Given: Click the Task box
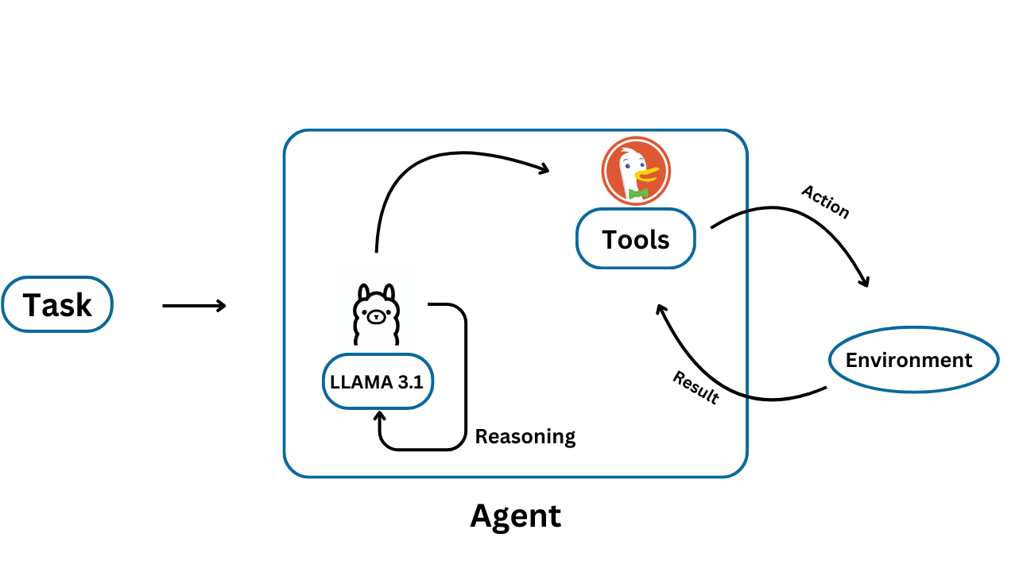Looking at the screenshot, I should tap(57, 304).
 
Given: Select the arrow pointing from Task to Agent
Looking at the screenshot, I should tap(194, 305).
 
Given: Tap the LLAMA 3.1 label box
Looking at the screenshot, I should tap(378, 381).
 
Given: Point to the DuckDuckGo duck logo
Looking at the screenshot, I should tap(636, 171).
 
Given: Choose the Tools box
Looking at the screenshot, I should tap(636, 238).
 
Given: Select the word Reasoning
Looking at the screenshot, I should tap(525, 436).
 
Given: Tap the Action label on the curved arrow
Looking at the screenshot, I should tap(825, 202).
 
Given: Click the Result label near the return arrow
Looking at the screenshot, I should tap(695, 388).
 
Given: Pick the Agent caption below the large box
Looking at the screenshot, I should tap(515, 516).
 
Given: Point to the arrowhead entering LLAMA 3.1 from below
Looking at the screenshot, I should tap(379, 416).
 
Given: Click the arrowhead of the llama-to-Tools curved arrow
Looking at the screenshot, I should tap(544, 168).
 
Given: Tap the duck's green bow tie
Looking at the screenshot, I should tap(638, 193).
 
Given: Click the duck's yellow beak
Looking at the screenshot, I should tap(648, 172).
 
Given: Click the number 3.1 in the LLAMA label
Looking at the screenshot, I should tap(411, 381).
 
